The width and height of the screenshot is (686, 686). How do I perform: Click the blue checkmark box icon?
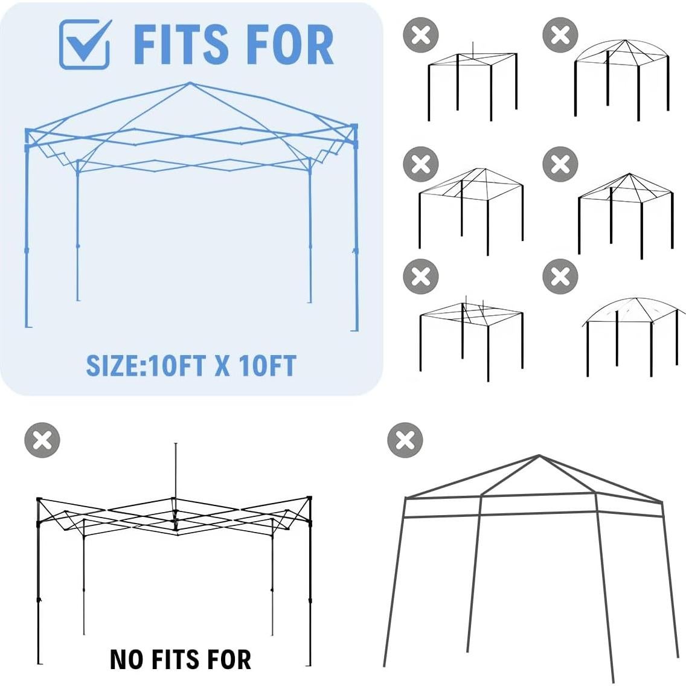[x=85, y=44]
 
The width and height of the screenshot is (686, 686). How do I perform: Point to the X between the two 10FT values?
[x=222, y=366]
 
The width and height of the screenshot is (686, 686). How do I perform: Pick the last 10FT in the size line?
[x=267, y=366]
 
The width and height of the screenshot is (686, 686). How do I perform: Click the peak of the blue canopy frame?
[x=190, y=83]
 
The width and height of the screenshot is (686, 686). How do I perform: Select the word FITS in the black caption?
[x=178, y=659]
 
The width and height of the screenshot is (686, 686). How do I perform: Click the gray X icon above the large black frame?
[x=42, y=440]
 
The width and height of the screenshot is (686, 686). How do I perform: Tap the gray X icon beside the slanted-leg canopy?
[x=405, y=440]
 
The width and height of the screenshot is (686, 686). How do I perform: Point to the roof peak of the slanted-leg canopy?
[x=539, y=456]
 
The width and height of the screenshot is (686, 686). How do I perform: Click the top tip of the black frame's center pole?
[x=176, y=444]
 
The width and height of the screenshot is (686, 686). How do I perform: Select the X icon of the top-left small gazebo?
[x=421, y=35]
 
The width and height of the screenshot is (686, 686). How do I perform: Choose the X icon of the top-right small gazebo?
[x=560, y=35]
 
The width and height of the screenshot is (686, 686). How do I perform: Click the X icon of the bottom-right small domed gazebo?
[x=560, y=277]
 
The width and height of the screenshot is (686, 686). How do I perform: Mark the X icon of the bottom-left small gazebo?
[x=421, y=277]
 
